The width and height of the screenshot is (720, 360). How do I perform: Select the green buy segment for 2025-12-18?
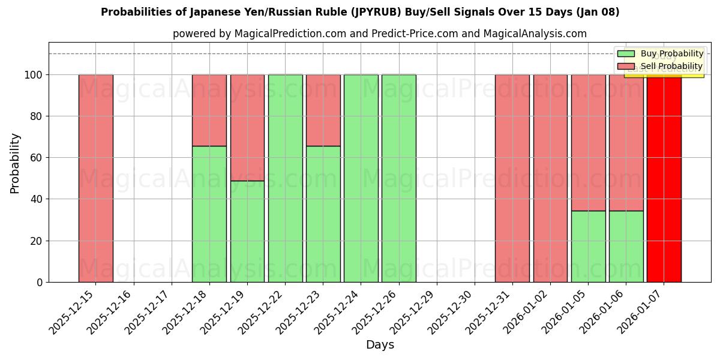pyautogui.click(x=209, y=214)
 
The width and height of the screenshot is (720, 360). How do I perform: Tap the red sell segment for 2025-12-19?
pyautogui.click(x=247, y=127)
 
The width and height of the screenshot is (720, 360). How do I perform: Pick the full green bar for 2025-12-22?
pyautogui.click(x=285, y=178)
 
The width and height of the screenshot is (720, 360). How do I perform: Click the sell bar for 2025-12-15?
pyautogui.click(x=95, y=178)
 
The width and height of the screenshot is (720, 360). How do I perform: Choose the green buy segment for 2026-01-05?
pyautogui.click(x=588, y=246)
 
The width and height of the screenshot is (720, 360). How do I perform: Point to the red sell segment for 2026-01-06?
pyautogui.click(x=626, y=142)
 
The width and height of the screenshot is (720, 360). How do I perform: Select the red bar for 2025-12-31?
pyautogui.click(x=512, y=178)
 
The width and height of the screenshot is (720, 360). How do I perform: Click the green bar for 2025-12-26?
pyautogui.click(x=398, y=178)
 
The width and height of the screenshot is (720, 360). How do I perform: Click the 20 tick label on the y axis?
pyautogui.click(x=36, y=241)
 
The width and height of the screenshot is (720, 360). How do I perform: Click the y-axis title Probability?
pyautogui.click(x=15, y=163)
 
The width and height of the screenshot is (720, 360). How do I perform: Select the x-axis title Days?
pyautogui.click(x=380, y=345)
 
